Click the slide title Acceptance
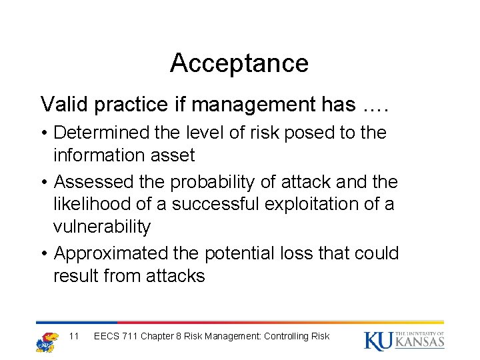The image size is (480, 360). (239, 63)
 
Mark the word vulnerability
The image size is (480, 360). (102, 227)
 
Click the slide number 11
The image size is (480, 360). (74, 336)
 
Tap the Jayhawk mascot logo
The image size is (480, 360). (46, 340)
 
